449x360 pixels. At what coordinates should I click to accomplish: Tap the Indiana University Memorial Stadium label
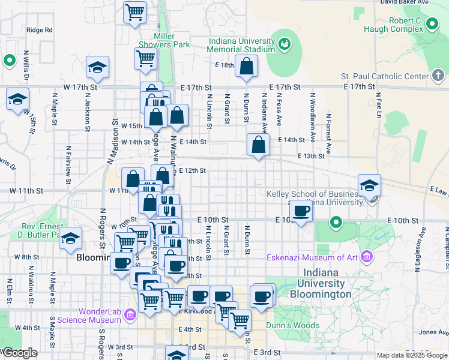click(241, 45)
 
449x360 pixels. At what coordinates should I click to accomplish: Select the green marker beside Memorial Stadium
click(284, 43)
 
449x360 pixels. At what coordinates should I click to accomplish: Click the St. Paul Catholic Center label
click(384, 76)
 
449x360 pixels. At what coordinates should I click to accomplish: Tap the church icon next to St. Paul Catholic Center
click(439, 76)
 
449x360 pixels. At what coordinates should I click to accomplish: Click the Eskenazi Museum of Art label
click(313, 259)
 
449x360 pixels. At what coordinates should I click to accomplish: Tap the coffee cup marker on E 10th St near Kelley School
click(301, 211)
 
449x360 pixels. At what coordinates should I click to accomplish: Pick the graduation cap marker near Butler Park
click(71, 239)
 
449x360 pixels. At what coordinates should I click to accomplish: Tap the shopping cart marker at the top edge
click(135, 11)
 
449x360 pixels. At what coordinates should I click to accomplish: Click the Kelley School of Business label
click(314, 198)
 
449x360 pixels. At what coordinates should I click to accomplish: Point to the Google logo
click(19, 353)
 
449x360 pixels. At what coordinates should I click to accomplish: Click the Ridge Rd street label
click(40, 29)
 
